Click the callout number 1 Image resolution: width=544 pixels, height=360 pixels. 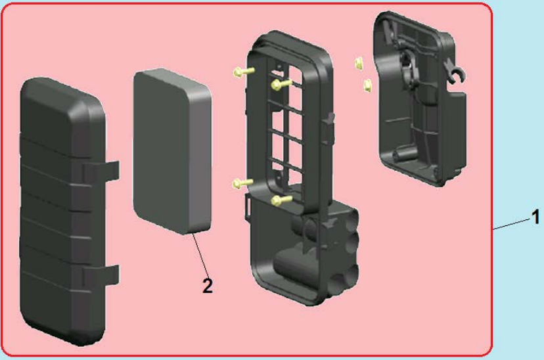pos(535,217)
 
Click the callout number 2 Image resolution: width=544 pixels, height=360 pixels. pos(208,286)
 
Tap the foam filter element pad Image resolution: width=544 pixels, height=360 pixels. pos(172,150)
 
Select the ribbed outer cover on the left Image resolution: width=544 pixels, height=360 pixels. pos(62,211)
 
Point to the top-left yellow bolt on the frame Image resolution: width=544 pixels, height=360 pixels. pos(244,72)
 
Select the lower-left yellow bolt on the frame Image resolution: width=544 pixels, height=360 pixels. pos(243,183)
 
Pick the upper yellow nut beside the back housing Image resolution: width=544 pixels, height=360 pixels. pos(359,63)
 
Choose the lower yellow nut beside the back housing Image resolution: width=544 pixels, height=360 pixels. pos(368,85)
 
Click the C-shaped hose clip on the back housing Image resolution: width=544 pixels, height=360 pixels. pos(456,74)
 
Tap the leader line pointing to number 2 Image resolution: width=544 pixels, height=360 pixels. pos(201,256)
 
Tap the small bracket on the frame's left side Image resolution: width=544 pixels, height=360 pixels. pos(248,208)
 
